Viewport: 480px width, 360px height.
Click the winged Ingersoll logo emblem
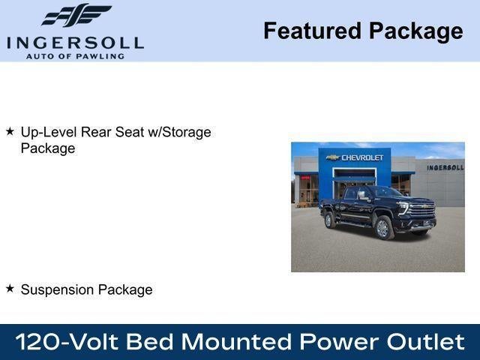tap(76, 16)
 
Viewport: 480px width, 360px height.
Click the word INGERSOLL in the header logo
tap(75, 42)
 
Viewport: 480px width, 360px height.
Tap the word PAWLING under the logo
tap(100, 55)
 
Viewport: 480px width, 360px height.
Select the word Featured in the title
tap(311, 31)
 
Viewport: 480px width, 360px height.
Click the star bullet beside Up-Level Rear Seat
tap(10, 131)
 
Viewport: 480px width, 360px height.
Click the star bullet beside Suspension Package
tap(10, 288)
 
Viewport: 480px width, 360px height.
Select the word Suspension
tap(55, 289)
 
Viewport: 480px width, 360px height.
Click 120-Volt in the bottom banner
tap(66, 342)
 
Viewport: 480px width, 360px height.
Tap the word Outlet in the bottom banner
tap(425, 342)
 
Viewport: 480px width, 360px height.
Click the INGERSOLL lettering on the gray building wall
tap(445, 167)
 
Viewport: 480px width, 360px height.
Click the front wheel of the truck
tap(384, 228)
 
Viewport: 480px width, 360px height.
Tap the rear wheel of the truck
tap(328, 220)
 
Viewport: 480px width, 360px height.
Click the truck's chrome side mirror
tap(361, 196)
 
